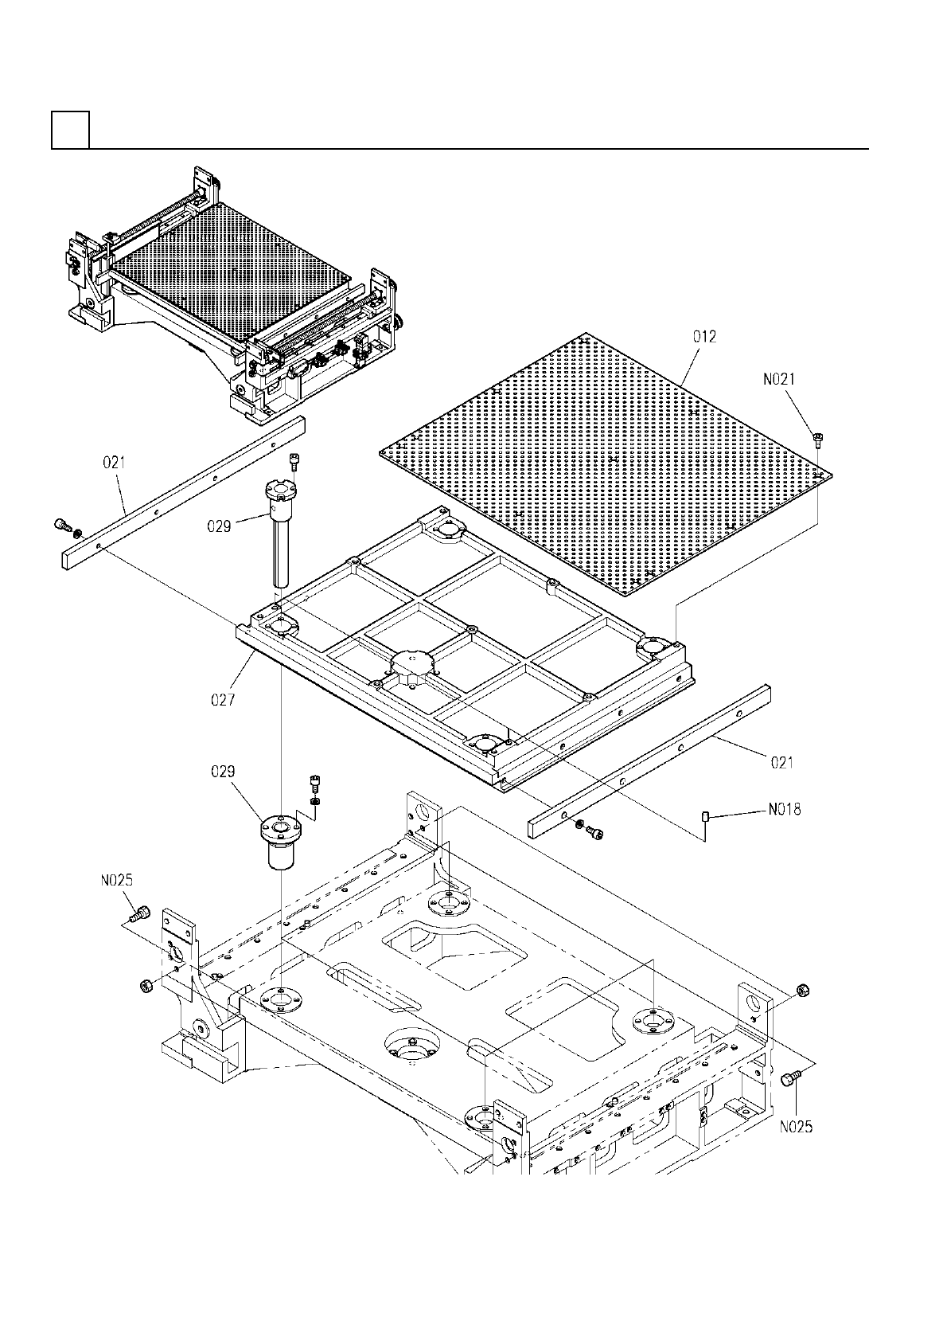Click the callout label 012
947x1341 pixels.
click(703, 337)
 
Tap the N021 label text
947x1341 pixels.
click(779, 381)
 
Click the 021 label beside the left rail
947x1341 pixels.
click(115, 461)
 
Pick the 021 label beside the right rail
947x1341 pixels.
click(781, 763)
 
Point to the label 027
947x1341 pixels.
click(224, 700)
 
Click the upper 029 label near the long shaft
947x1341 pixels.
click(219, 526)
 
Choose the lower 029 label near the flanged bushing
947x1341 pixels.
click(224, 771)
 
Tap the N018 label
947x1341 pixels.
click(784, 810)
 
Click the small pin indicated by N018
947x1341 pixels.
click(706, 815)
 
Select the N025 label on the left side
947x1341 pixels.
click(116, 881)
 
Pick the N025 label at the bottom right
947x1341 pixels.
click(796, 1127)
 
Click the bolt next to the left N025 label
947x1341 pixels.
click(141, 913)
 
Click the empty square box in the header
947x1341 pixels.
click(69, 130)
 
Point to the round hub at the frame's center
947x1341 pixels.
click(413, 665)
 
